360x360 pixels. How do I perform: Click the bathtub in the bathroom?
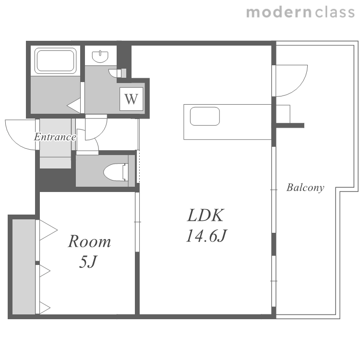(x=56, y=60)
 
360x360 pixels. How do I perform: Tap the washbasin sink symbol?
(x=100, y=57)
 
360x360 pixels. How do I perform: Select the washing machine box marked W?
(x=132, y=99)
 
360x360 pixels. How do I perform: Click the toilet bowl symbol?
(x=116, y=172)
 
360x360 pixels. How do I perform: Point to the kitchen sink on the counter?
(x=205, y=116)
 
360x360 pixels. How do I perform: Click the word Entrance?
(x=55, y=137)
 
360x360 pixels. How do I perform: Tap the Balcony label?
(x=305, y=188)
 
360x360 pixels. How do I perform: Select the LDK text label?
(x=205, y=215)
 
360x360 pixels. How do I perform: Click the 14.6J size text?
(x=206, y=236)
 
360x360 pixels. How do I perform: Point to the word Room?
(x=89, y=241)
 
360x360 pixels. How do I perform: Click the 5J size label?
(x=88, y=262)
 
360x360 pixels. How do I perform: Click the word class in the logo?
(x=335, y=12)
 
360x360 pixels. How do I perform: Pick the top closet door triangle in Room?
(x=48, y=230)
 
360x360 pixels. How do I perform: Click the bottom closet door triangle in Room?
(x=45, y=307)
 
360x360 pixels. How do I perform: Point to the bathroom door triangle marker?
(x=74, y=106)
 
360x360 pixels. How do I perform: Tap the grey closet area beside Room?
(x=24, y=266)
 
